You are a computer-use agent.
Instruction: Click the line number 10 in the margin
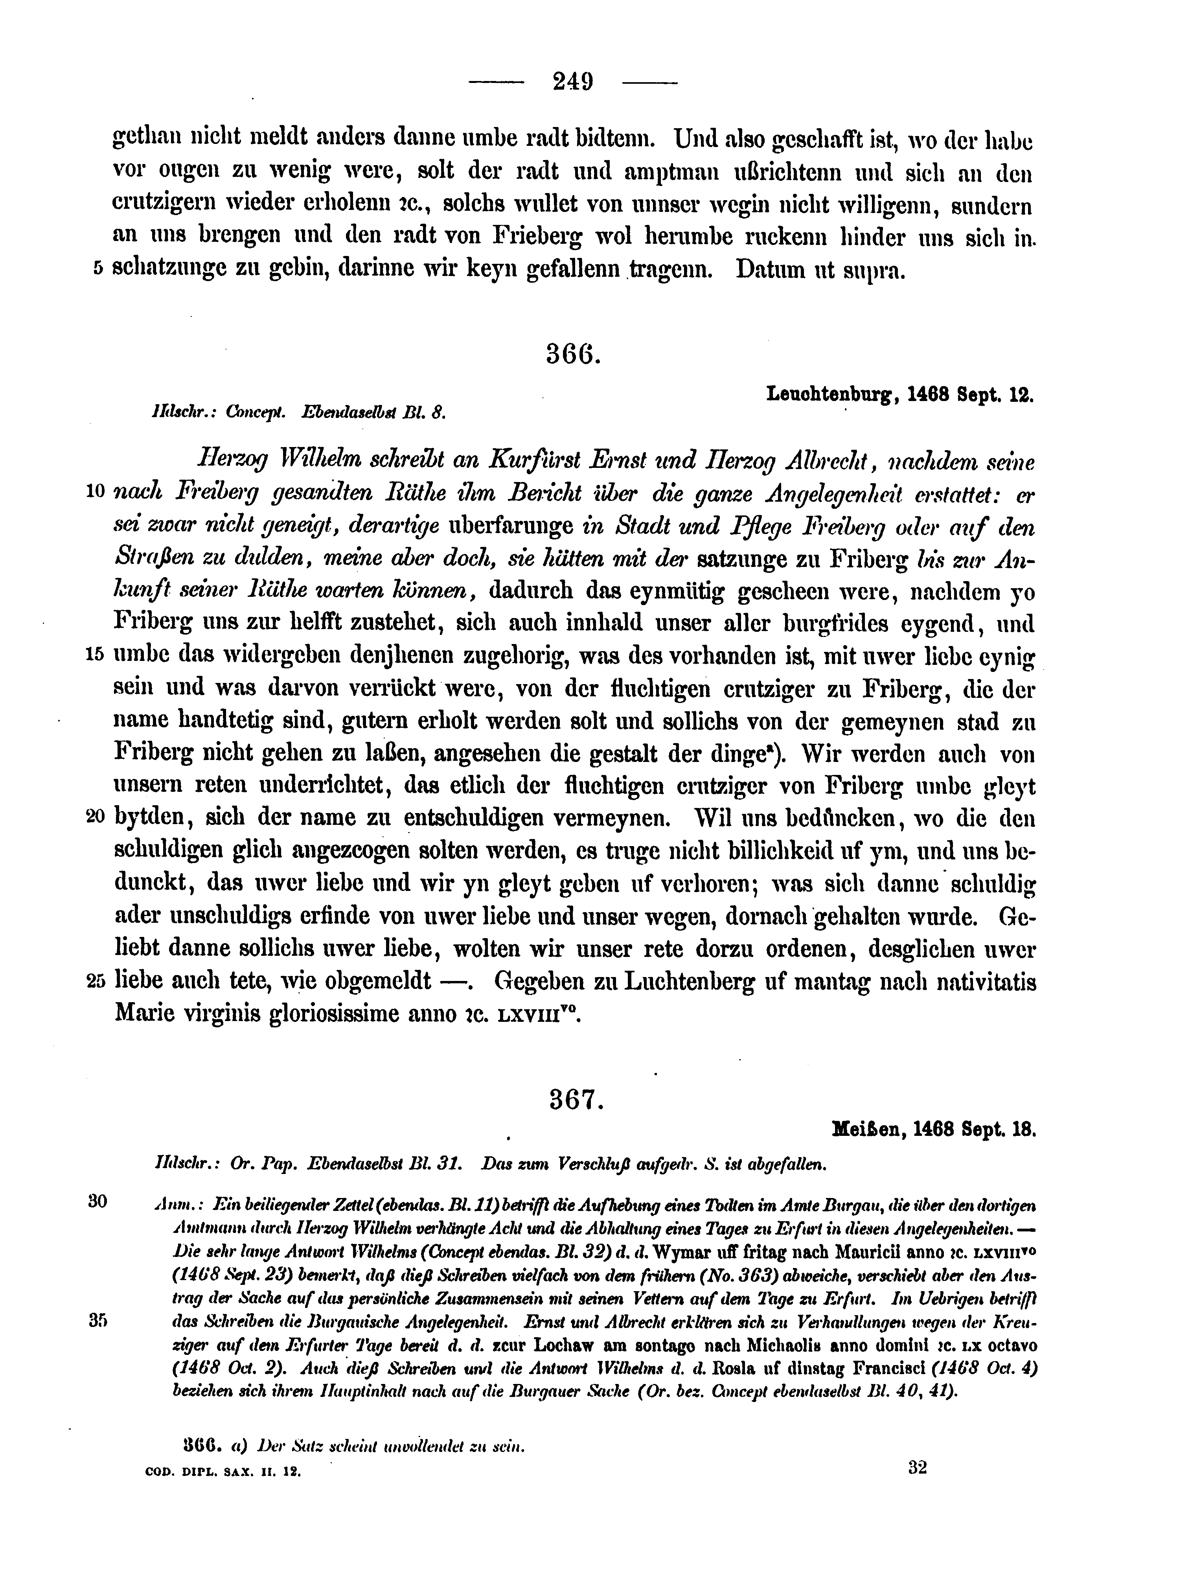96,491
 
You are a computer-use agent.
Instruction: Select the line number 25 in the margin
96,982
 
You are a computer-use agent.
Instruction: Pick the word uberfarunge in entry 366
511,526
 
